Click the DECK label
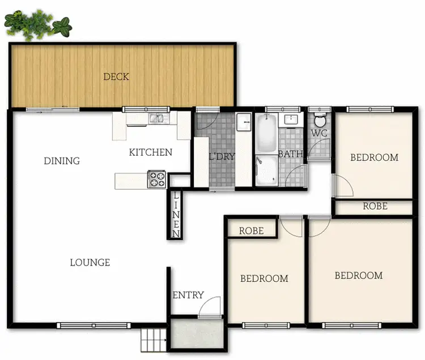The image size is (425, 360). tap(116, 77)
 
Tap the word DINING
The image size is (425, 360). tap(62, 161)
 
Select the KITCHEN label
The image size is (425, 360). tap(150, 152)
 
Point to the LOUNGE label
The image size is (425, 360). tap(90, 263)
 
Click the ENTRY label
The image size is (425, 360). tap(188, 295)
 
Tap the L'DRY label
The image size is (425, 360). tap(222, 157)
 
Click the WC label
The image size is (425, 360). tap(318, 134)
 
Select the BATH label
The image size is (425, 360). tap(290, 153)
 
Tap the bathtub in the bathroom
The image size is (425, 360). tap(265, 134)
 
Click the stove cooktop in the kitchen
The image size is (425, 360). tap(156, 179)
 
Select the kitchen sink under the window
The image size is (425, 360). tap(156, 119)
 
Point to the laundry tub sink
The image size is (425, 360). tap(244, 122)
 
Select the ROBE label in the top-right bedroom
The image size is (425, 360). tap(375, 207)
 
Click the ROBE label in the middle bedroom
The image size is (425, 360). tap(251, 231)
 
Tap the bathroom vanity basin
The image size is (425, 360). tap(292, 119)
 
